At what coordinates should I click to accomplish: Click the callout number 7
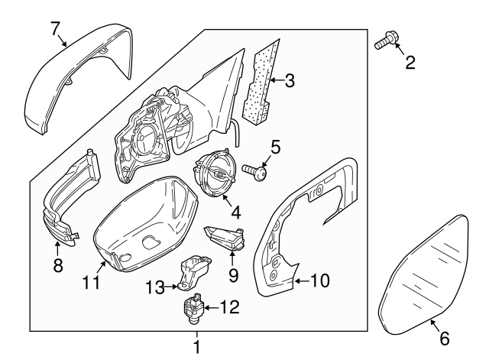click(55, 28)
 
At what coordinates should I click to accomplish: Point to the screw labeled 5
click(255, 173)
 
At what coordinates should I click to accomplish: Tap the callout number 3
click(289, 79)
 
